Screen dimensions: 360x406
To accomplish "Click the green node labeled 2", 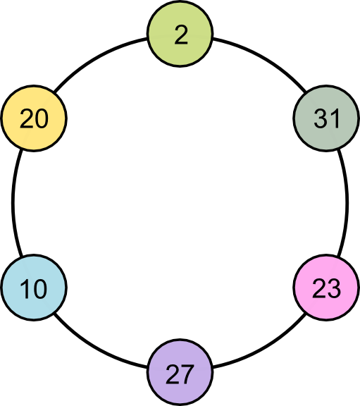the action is point(180,34).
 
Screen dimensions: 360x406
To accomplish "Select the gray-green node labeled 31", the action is point(326,118).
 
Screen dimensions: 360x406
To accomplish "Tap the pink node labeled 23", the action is point(326,288).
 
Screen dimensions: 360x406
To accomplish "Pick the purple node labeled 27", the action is point(180,372).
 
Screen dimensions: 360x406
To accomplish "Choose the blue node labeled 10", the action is point(34,288).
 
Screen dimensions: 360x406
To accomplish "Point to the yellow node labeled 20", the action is point(34,118).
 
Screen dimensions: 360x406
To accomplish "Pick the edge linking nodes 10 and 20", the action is point(13,203).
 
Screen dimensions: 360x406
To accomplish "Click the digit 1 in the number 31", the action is point(335,118).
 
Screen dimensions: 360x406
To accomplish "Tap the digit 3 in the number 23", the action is point(334,288).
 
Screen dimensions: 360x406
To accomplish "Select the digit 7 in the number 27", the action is point(187,374).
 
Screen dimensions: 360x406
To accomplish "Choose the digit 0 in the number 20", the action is point(42,118).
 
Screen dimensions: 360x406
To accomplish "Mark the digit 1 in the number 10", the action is point(25,288).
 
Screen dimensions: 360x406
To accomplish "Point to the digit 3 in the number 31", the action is point(321,118).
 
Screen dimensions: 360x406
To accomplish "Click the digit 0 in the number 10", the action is point(40,288).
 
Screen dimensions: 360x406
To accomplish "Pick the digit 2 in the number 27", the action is point(173,374).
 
